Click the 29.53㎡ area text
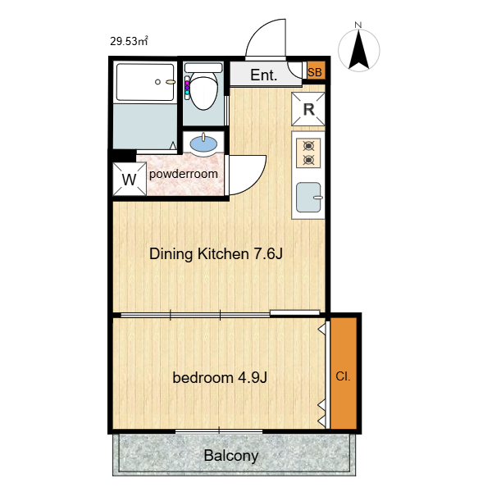click(129, 41)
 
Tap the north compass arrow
click(358, 49)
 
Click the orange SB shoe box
click(315, 71)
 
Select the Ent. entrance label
click(263, 75)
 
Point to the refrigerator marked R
click(308, 109)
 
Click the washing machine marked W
click(130, 179)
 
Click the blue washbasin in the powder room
click(203, 144)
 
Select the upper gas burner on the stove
click(308, 146)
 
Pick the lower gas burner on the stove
click(308, 161)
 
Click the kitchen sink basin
click(308, 198)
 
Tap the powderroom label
click(183, 174)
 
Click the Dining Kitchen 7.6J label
click(216, 253)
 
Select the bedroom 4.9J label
click(220, 377)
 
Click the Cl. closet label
click(343, 376)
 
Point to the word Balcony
click(231, 456)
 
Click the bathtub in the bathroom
click(144, 82)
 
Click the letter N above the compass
click(358, 25)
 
